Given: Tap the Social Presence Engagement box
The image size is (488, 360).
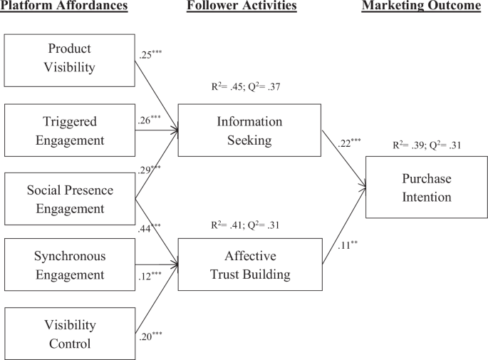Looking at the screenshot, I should (x=69, y=199).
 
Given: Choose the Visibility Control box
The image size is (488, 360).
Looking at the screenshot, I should (x=69, y=334).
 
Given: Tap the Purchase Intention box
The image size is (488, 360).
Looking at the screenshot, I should (x=426, y=187).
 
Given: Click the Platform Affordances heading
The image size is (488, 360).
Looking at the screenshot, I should (x=64, y=7).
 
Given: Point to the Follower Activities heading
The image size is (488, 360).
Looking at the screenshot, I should (x=242, y=7).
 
